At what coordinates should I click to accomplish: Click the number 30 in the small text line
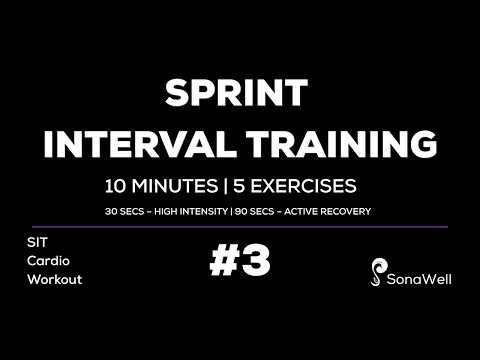coord(112,211)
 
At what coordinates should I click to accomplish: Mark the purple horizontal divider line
coord(240,227)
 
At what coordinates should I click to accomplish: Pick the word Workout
coord(54,279)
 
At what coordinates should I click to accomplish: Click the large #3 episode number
coord(240,263)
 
